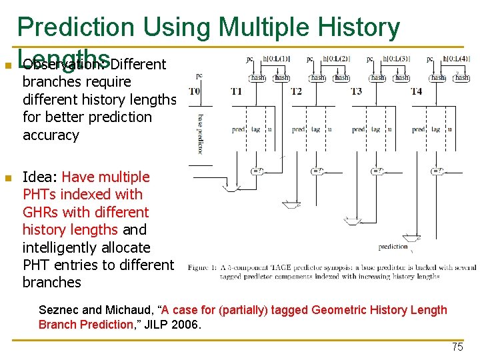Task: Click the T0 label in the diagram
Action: pyautogui.click(x=194, y=91)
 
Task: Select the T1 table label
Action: pyautogui.click(x=236, y=91)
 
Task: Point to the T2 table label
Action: pyautogui.click(x=296, y=91)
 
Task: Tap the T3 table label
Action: pyautogui.click(x=356, y=91)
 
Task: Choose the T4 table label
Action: pyautogui.click(x=415, y=91)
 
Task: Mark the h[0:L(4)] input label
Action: pyautogui.click(x=456, y=59)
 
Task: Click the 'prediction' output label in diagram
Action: pyautogui.click(x=393, y=247)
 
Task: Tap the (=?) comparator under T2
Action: pyautogui.click(x=317, y=171)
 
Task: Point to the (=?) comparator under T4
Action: pyautogui.click(x=437, y=171)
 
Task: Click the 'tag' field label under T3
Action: pyautogui.click(x=376, y=129)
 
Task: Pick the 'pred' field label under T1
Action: pyautogui.click(x=238, y=129)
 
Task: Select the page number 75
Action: pyautogui.click(x=457, y=347)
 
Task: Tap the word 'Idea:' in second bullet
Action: pyautogui.click(x=40, y=177)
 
